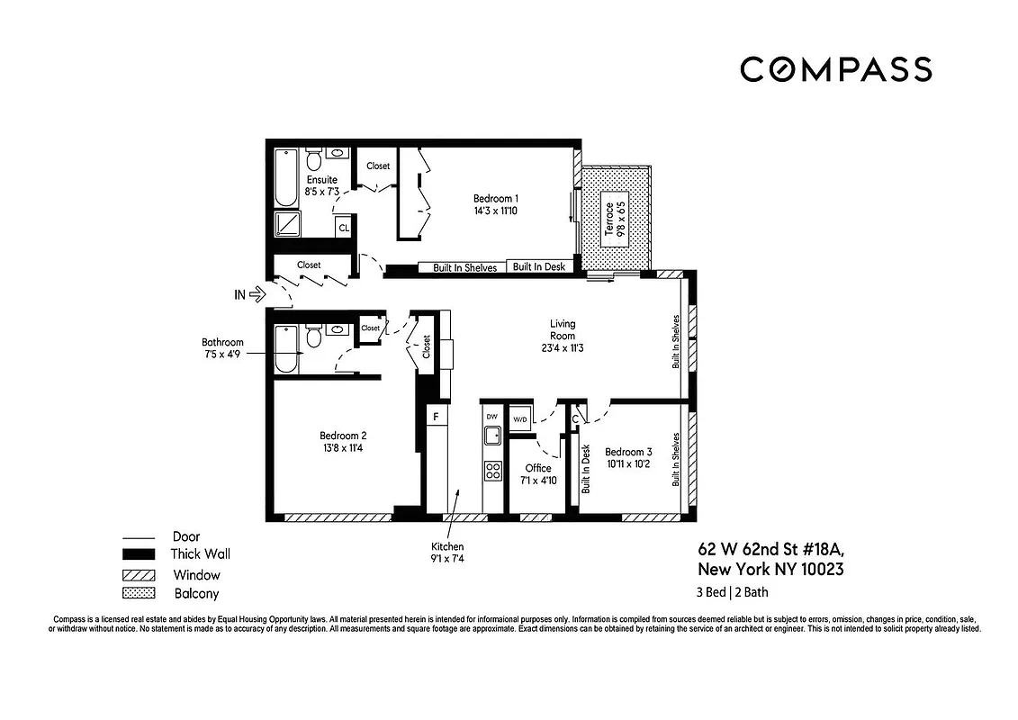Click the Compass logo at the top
[835, 69]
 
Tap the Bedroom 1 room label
[496, 199]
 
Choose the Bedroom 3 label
[628, 452]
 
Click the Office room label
[538, 468]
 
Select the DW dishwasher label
[491, 417]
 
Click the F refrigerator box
[436, 417]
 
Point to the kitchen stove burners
[493, 470]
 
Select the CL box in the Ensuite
[343, 228]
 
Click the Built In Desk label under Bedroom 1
[538, 267]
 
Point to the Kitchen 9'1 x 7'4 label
[447, 553]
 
